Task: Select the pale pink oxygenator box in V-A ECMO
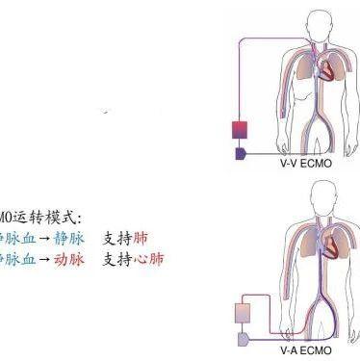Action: tap(243, 312)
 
